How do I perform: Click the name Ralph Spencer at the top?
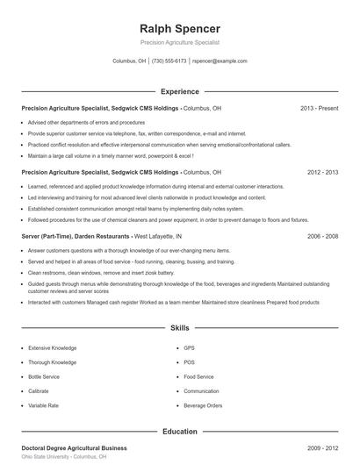(x=179, y=28)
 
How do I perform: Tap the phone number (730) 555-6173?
(x=169, y=61)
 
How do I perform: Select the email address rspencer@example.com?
(x=220, y=61)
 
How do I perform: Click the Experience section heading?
(x=179, y=91)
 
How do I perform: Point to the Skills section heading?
(x=179, y=327)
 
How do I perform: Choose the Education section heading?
(x=179, y=432)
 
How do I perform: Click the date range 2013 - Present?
(x=319, y=108)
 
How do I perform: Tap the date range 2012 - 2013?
(x=322, y=173)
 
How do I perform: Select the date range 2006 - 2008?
(x=322, y=237)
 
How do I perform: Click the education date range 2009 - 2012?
(x=322, y=447)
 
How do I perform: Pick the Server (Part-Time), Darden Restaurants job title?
(x=76, y=237)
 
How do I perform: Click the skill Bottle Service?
(x=45, y=376)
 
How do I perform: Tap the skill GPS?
(x=189, y=348)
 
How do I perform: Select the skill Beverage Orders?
(x=203, y=405)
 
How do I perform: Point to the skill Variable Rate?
(x=45, y=405)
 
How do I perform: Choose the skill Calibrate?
(x=39, y=391)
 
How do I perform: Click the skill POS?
(x=189, y=362)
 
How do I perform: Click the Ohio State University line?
(x=64, y=457)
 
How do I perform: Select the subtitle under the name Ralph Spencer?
(x=179, y=42)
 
